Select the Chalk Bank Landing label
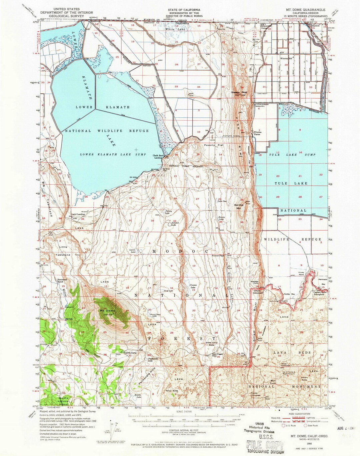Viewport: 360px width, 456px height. pyautogui.click(x=158, y=156)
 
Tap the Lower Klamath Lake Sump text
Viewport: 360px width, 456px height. pyautogui.click(x=113, y=155)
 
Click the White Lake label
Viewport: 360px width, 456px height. pyautogui.click(x=173, y=29)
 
